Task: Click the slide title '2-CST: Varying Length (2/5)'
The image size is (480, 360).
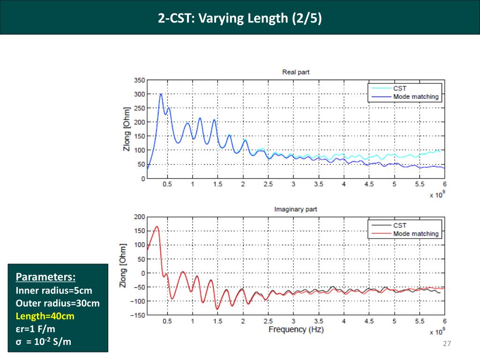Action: (240, 18)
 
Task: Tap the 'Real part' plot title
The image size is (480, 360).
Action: (295, 72)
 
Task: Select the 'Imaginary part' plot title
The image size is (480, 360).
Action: (295, 209)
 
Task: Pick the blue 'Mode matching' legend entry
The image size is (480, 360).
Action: (415, 97)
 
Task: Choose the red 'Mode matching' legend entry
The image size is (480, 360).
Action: (415, 233)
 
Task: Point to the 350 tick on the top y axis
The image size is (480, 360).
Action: (139, 80)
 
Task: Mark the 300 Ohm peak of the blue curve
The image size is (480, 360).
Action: (161, 94)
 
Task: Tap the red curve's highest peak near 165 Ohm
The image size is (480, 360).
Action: (157, 227)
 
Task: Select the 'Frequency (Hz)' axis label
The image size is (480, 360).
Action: (296, 330)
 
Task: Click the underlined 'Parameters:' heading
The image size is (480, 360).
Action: (45, 276)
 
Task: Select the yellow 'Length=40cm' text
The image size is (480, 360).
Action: (45, 316)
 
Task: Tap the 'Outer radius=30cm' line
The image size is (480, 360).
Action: (57, 303)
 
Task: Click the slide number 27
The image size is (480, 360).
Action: (446, 344)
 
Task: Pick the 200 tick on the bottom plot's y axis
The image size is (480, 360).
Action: (139, 217)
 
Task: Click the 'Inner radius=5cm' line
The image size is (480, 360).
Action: (54, 290)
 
